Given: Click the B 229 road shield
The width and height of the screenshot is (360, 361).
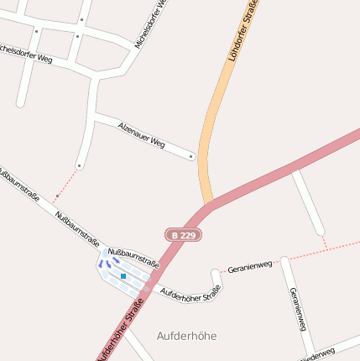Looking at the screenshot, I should [183, 236].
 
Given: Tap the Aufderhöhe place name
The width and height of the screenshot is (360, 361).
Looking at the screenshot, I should [186, 335].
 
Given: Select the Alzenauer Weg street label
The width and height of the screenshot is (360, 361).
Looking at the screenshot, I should [142, 134].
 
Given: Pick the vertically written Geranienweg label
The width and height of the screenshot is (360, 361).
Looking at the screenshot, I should [296, 308].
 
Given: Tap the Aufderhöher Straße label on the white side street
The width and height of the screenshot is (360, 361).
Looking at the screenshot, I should [190, 292].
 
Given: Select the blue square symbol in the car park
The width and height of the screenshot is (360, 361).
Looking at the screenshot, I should [123, 275].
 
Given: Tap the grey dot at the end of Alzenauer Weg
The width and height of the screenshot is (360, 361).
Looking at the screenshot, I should [191, 156].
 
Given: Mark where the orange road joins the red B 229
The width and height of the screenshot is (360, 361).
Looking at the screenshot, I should [211, 202].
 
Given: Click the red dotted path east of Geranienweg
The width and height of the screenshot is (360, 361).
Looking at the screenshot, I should [323, 249].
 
